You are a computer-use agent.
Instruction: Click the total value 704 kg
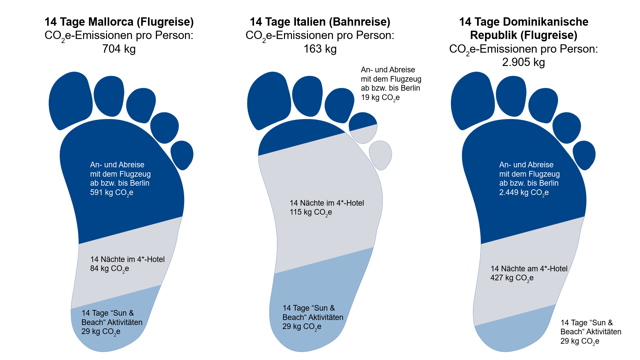point(119,49)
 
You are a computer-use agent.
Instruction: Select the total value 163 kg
point(320,49)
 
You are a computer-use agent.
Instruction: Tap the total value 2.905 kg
point(523,62)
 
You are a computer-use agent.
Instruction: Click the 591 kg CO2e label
point(112,193)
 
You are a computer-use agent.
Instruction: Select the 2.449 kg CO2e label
point(524,193)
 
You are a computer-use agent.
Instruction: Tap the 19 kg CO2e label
point(380,98)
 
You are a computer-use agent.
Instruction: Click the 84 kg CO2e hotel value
point(109,269)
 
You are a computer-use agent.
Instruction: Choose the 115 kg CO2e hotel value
point(311,212)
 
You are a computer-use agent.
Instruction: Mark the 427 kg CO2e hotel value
point(512,278)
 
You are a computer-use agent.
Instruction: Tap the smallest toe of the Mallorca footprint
point(182,155)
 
